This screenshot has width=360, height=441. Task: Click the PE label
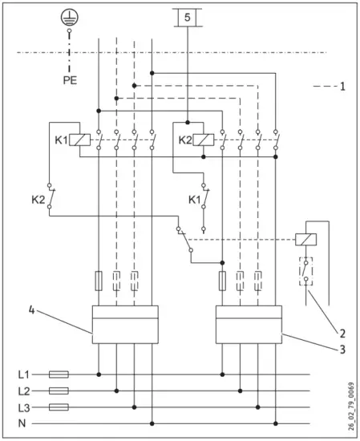[71, 80]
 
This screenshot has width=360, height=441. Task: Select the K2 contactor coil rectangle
[204, 140]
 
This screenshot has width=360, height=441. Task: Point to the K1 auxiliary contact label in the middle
[193, 198]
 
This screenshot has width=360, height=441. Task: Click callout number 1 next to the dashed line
[342, 85]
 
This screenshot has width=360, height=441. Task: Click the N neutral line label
[23, 423]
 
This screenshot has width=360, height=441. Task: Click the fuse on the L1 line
[59, 374]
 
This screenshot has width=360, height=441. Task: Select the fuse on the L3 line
[59, 407]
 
